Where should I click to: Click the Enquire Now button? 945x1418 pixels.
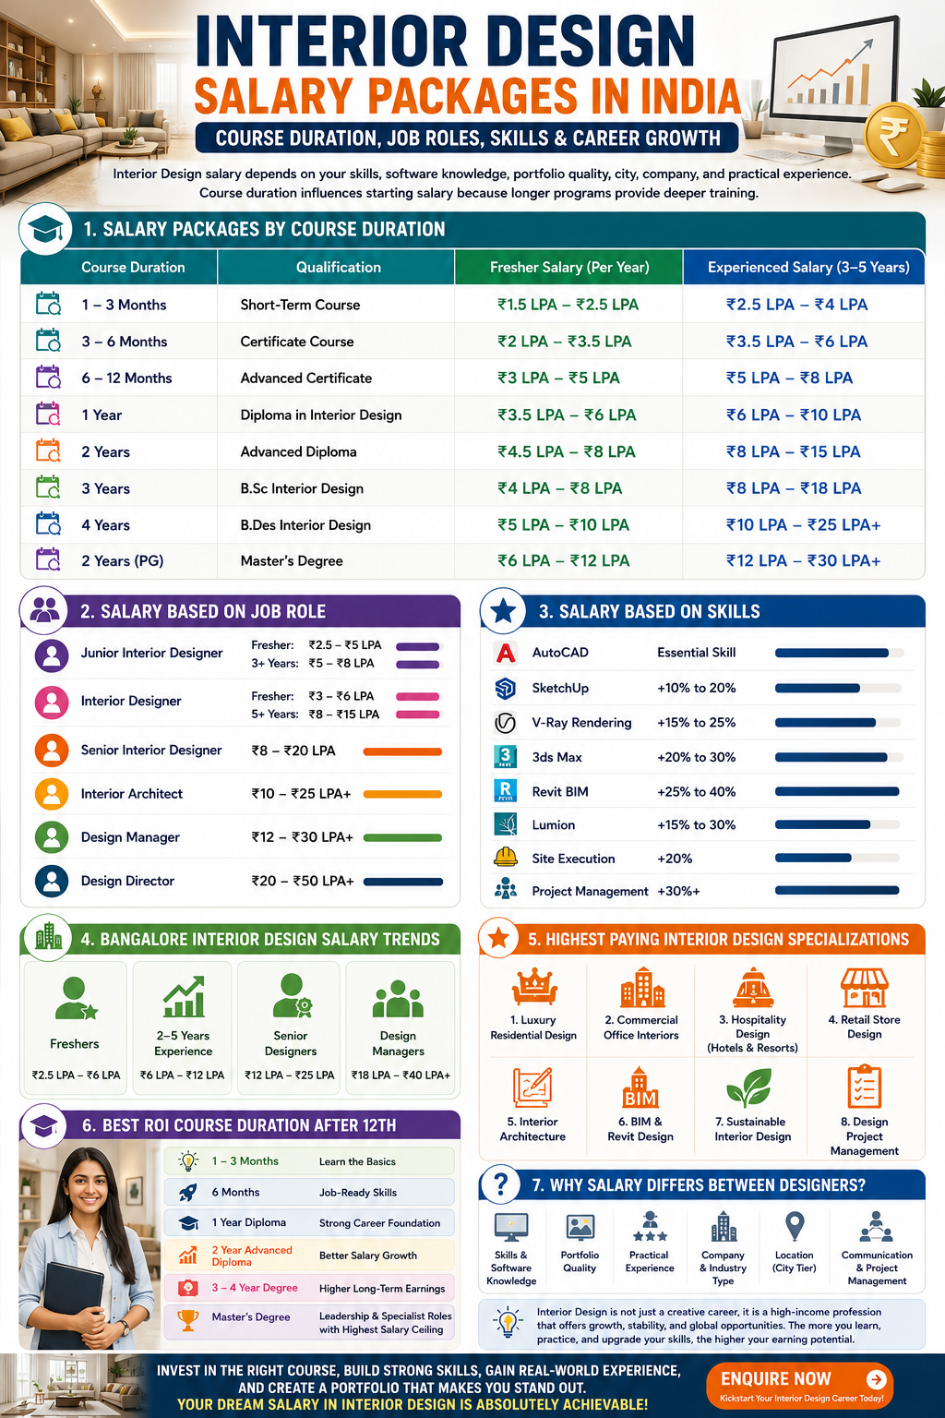click(799, 1385)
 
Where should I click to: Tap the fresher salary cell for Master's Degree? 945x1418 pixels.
click(563, 561)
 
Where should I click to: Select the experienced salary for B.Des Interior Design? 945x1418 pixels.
click(803, 524)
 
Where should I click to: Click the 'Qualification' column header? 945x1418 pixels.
click(339, 267)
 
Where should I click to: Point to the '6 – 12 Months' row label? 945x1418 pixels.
click(126, 378)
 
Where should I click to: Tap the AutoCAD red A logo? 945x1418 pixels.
click(505, 653)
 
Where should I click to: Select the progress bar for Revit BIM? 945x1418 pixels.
click(837, 791)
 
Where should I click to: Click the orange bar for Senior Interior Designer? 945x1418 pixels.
click(402, 751)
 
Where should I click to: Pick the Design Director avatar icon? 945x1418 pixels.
click(52, 881)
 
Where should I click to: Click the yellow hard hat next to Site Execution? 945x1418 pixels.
click(505, 858)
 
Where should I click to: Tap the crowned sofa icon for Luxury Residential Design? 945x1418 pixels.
click(534, 986)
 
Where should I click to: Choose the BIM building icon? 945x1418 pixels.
click(640, 1087)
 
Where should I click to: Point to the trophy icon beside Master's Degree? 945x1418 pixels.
click(187, 1320)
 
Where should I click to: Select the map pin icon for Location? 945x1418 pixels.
click(795, 1226)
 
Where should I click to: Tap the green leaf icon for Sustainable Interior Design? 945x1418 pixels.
click(749, 1087)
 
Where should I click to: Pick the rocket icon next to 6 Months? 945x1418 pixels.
click(187, 1192)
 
